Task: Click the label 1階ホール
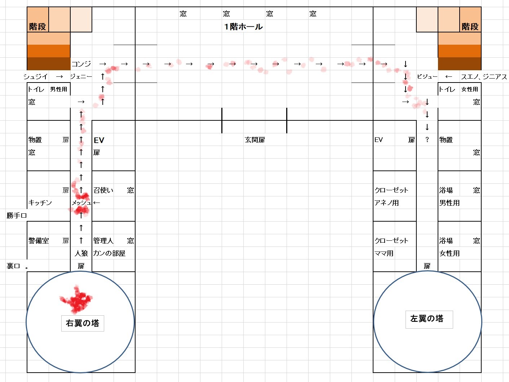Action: coord(243,27)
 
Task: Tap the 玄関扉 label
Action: coord(255,140)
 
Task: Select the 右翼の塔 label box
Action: coord(83,323)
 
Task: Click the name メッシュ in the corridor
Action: coord(81,203)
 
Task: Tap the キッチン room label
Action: coord(40,203)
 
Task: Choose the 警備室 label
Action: coord(39,241)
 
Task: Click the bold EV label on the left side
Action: coord(99,140)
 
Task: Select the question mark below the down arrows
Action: coord(427,140)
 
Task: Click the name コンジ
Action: coord(81,64)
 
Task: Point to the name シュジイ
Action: coord(35,77)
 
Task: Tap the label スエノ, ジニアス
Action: coord(484,77)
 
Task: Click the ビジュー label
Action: coord(427,77)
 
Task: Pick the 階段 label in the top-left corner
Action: coord(37,27)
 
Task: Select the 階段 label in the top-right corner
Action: coord(470,27)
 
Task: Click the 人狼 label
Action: coord(81,253)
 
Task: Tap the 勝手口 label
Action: coord(17,216)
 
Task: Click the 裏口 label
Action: coord(13,266)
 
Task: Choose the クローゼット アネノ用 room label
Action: coord(391,196)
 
